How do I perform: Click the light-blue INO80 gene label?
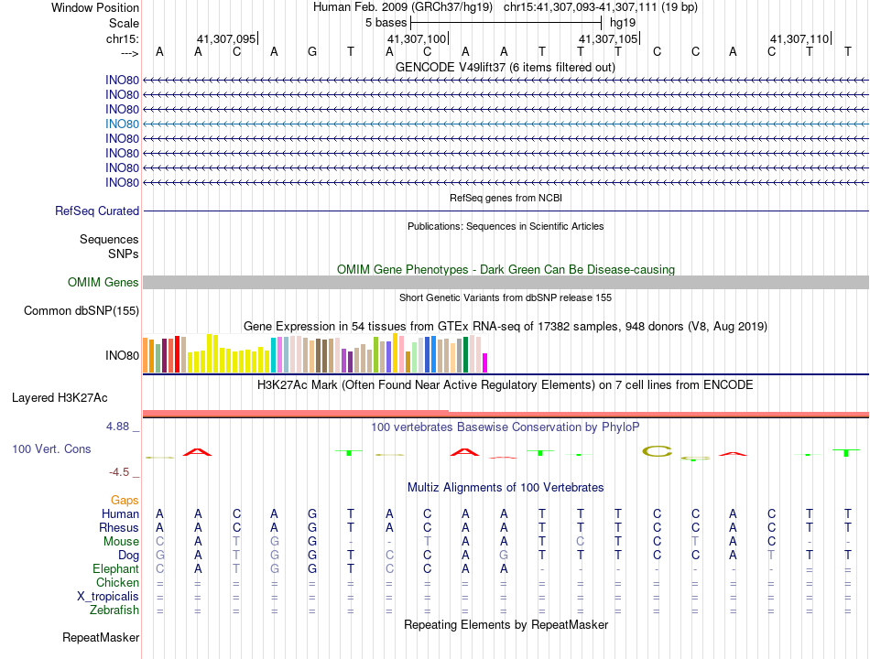coord(122,124)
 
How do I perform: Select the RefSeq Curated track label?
coord(97,211)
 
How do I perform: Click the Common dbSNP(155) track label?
coord(82,311)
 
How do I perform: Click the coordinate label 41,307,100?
coord(417,38)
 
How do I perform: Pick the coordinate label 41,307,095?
coord(226,38)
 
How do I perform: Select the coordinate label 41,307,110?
coord(799,38)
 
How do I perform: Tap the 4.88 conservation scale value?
coord(121,427)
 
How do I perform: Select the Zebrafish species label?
coord(114,610)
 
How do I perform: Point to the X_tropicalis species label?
coord(108,596)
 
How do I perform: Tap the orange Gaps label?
coord(125,500)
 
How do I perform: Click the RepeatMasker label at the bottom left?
coord(101,637)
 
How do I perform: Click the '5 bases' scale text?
coord(386,22)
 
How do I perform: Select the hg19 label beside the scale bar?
coord(623,22)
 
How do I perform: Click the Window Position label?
coord(95,7)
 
